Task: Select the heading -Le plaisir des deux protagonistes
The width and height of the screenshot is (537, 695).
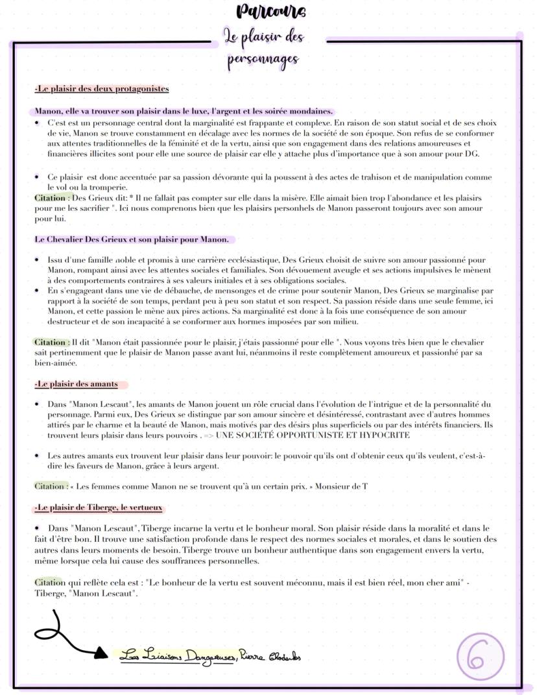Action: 102,88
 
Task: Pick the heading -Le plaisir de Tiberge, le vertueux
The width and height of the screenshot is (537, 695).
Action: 99,507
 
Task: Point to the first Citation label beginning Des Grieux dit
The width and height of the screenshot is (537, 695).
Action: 51,197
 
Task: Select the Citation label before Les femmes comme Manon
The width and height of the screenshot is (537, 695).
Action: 51,486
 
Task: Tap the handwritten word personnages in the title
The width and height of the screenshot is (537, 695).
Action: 263,60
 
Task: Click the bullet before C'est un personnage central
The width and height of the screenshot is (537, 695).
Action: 38,123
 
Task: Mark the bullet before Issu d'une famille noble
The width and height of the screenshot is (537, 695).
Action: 38,260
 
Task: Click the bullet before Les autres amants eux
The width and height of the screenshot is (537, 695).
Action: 38,456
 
